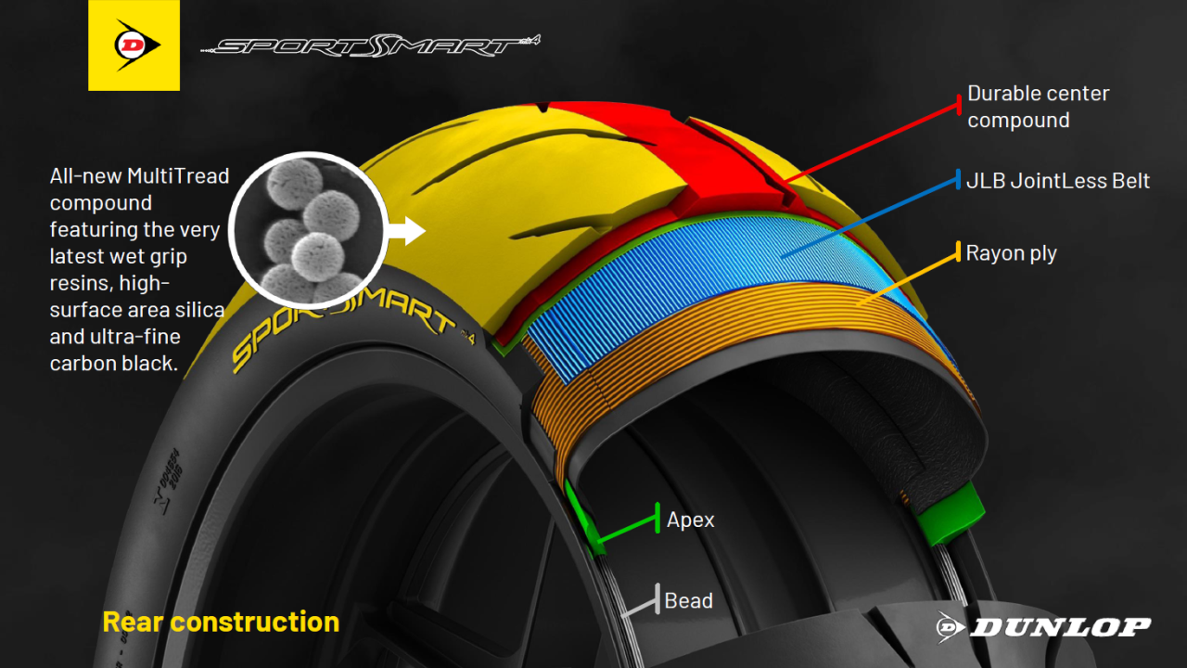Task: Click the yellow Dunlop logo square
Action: (134, 45)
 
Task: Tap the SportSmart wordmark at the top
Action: (370, 46)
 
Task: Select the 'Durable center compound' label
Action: (1038, 107)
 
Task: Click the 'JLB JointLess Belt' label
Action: (1058, 181)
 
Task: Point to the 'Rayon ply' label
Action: (1011, 253)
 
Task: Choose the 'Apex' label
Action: (690, 520)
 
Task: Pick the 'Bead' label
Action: (688, 600)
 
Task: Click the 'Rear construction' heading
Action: (221, 622)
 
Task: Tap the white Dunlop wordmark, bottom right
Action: (1043, 627)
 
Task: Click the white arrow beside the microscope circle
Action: (407, 231)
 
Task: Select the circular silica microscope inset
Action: (309, 231)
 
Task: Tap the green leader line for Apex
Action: (628, 529)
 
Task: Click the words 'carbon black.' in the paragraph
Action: (113, 364)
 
